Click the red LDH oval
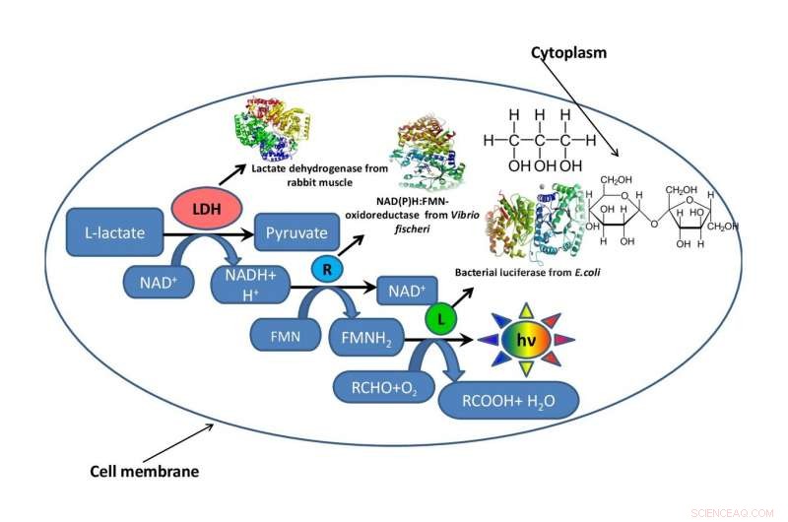click(200, 209)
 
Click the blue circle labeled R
click(326, 267)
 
